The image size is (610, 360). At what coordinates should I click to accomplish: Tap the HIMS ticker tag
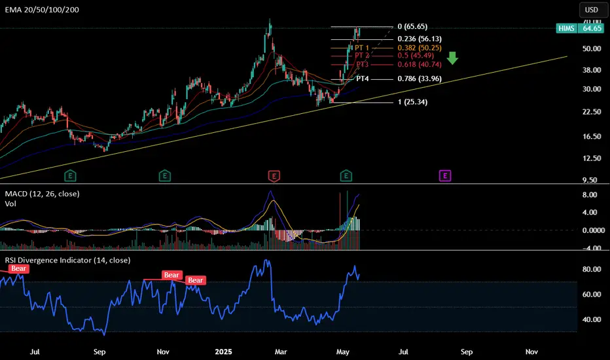pos(565,28)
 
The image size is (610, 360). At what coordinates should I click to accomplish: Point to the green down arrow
pos(452,60)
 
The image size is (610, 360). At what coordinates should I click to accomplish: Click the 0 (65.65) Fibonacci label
pos(412,27)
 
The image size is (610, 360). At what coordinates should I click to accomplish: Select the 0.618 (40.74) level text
pos(420,64)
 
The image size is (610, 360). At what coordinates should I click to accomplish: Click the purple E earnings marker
pos(445,175)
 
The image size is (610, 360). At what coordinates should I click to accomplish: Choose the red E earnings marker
pos(274,175)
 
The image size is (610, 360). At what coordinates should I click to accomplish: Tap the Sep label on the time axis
pos(99,351)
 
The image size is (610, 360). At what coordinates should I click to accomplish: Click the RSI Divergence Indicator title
pos(65,260)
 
